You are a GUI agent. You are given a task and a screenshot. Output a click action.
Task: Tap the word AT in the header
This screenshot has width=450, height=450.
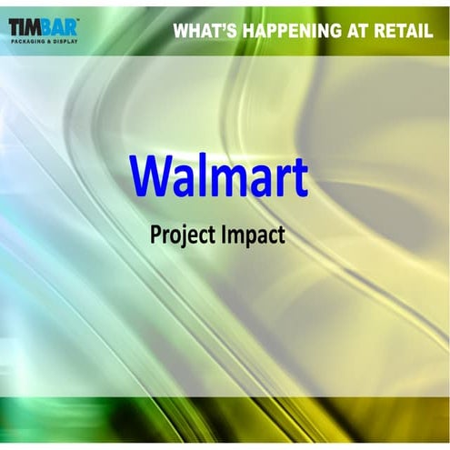pos(361,31)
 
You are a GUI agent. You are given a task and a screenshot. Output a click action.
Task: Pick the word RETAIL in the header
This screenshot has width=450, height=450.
pos(405,31)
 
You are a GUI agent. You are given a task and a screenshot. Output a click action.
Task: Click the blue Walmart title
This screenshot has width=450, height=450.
pos(218,175)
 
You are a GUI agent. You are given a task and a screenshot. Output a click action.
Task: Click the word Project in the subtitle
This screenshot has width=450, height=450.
pos(180,235)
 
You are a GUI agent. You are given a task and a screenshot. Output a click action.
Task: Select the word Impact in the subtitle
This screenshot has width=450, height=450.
pos(253,235)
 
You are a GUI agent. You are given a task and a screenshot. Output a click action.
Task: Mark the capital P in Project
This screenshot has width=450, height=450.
pos(155,234)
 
